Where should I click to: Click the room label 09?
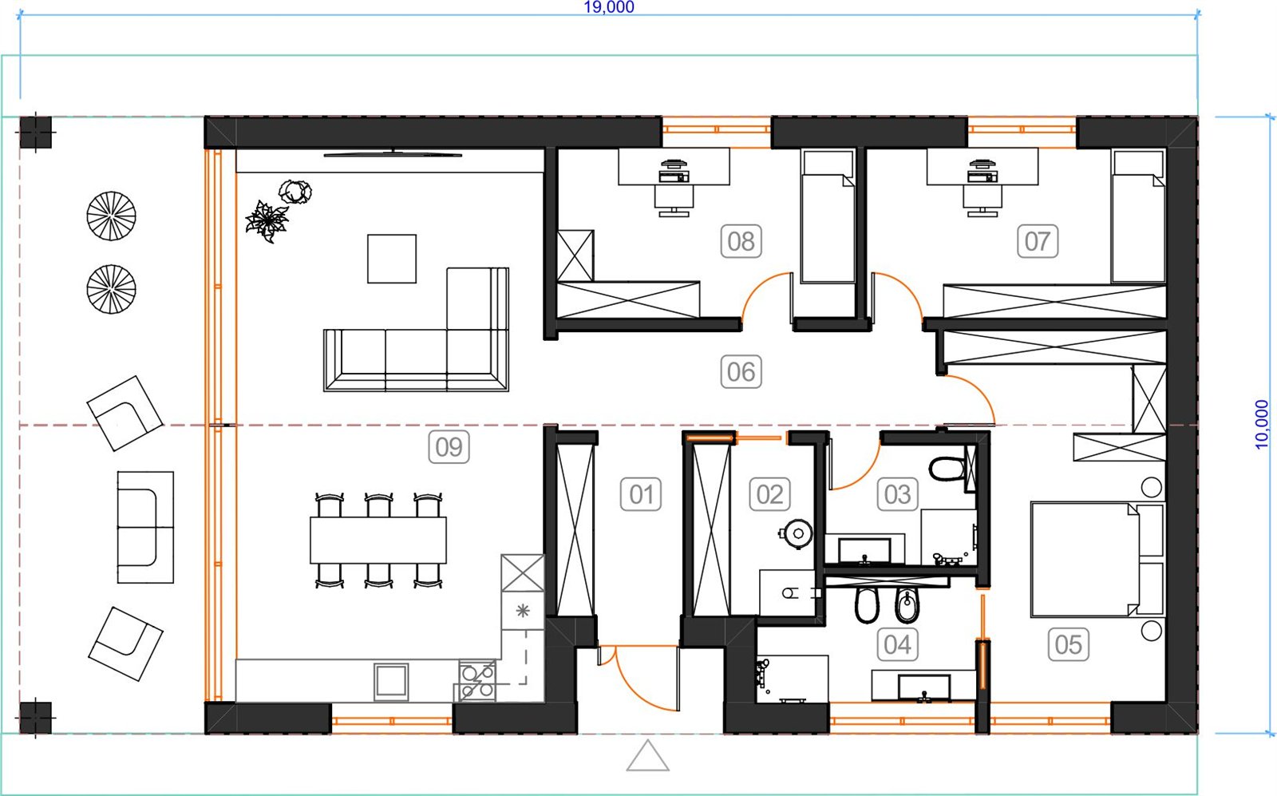click(449, 447)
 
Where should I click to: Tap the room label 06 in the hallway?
click(741, 372)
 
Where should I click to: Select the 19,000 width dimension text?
click(609, 7)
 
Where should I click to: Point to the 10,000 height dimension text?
click(1262, 425)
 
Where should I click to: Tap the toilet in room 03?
click(947, 469)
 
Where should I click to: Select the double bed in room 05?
click(1097, 560)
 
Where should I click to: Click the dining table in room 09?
click(378, 540)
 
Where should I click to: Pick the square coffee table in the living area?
click(392, 259)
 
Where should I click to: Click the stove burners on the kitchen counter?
click(478, 681)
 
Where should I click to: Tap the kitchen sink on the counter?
click(391, 681)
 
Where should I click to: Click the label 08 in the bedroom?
click(741, 241)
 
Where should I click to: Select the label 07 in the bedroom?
click(1038, 241)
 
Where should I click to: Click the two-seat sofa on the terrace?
click(145, 528)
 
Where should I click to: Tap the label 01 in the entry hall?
click(641, 494)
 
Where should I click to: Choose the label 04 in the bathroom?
click(897, 644)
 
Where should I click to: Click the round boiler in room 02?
click(797, 533)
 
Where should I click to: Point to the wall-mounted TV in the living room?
click(393, 153)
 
